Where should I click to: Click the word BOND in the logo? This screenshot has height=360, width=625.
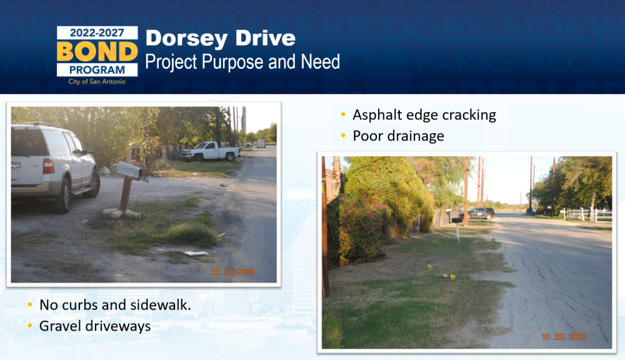(97, 51)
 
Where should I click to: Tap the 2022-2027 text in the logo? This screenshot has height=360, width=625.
(97, 32)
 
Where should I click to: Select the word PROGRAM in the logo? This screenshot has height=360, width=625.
(97, 70)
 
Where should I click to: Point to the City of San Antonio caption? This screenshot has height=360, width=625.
(97, 81)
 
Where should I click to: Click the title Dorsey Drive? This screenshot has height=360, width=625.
(221, 39)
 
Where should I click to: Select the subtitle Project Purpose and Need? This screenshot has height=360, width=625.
(242, 62)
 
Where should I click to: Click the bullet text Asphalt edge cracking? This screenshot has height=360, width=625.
(424, 115)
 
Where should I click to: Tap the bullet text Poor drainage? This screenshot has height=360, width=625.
(398, 136)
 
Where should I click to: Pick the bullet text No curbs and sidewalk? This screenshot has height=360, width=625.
(115, 305)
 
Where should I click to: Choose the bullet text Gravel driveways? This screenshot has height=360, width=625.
(95, 326)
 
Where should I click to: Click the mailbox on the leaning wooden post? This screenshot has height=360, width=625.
(130, 171)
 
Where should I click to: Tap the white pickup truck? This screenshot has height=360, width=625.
(211, 151)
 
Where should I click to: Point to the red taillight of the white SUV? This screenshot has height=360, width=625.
(48, 166)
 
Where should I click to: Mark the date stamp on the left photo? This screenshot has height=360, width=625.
(232, 272)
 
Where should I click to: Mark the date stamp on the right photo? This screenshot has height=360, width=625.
(564, 337)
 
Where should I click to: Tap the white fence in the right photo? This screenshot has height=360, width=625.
(587, 214)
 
